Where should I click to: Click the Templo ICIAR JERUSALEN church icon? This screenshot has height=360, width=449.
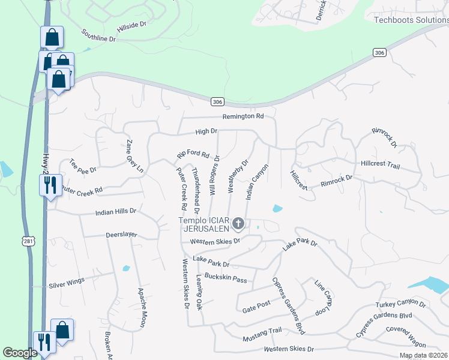[238, 224]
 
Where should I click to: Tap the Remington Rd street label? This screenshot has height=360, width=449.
[243, 116]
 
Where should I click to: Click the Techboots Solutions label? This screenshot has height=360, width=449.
[411, 20]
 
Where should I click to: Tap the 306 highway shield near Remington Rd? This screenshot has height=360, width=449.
[217, 101]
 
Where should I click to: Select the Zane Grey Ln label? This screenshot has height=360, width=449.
[135, 157]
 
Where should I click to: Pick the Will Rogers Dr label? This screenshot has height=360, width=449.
[214, 175]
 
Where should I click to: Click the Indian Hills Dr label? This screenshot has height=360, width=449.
[116, 212]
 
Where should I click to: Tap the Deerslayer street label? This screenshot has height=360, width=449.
[122, 235]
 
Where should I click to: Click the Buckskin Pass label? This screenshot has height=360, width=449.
[226, 278]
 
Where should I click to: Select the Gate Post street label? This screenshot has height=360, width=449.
[257, 306]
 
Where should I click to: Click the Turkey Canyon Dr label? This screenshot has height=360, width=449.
[400, 305]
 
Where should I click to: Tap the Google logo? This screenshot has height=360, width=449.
[20, 353]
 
